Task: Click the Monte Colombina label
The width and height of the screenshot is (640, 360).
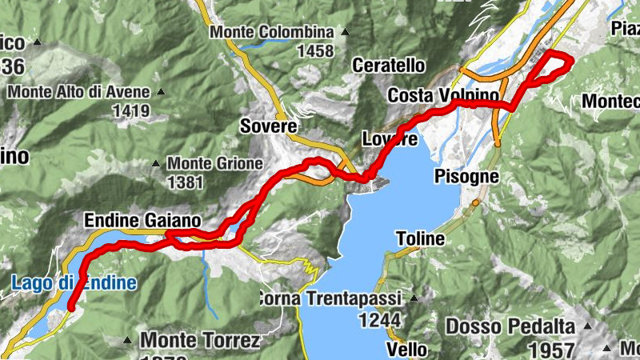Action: [x=271, y=33]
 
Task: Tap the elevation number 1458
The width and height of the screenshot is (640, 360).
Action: [x=314, y=51]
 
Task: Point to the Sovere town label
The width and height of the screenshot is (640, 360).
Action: [x=268, y=126]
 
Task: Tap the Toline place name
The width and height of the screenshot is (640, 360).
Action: [x=420, y=238]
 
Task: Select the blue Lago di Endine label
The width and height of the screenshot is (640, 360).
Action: [x=74, y=282]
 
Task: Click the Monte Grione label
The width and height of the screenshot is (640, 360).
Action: [x=214, y=163]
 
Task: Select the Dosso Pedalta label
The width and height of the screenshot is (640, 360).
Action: [x=510, y=327]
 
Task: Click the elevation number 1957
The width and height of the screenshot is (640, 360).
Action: [x=551, y=350]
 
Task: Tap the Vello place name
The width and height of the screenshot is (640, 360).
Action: [x=407, y=350]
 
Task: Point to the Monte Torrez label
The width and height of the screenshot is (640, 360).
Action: [x=200, y=341]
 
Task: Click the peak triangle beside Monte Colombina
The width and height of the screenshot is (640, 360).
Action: [x=345, y=33]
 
